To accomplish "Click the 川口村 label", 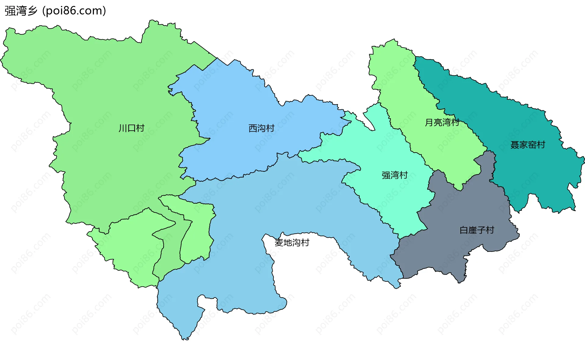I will coord(131,128).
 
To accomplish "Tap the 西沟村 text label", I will coord(261,128).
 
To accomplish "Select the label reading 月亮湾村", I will coord(442,122).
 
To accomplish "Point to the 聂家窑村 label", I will coord(527,145).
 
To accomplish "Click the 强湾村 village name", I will coord(395,175).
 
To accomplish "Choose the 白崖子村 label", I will coord(477,230).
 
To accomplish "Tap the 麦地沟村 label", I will coord(292,242).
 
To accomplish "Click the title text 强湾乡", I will coord(21,11).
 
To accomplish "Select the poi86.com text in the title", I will coord(74,11).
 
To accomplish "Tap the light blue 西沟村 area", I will coord(232,146).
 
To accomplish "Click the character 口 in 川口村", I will coord(131,128).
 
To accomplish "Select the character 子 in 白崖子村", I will coord(481,230).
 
